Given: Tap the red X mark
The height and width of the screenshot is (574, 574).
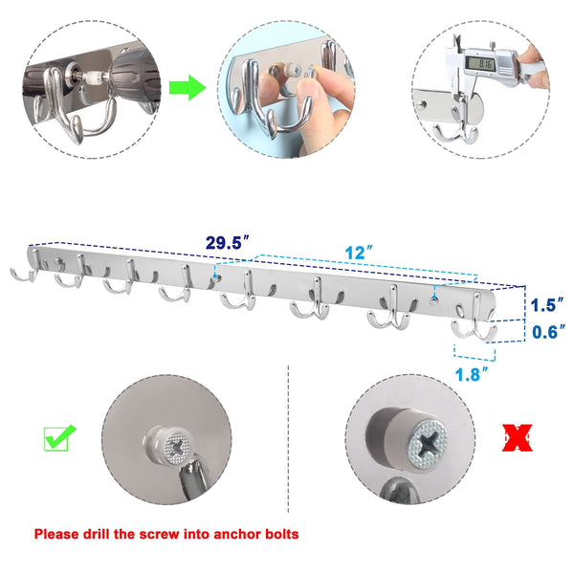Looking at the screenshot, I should click(x=517, y=440).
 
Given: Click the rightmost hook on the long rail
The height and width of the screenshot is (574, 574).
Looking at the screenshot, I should click(x=475, y=325).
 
